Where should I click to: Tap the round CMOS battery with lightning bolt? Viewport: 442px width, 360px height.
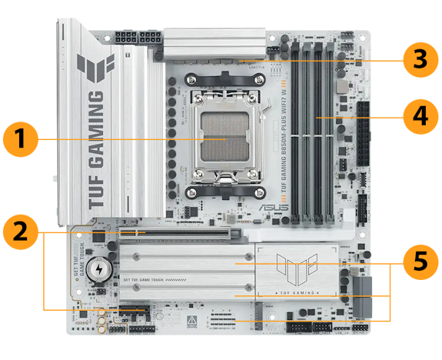[98, 268]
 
